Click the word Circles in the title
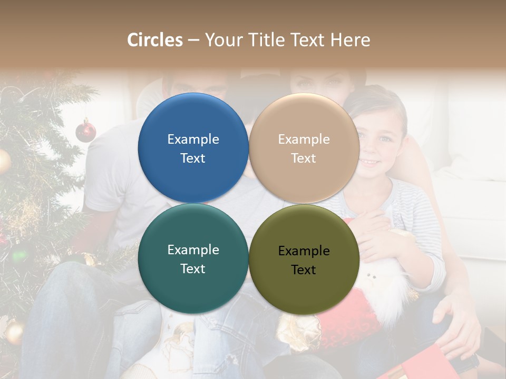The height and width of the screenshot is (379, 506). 155,40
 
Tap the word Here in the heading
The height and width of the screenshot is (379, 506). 350,40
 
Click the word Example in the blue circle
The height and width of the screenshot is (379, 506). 193,139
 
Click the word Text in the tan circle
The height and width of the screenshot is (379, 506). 304,158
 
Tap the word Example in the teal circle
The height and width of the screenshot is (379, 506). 193,250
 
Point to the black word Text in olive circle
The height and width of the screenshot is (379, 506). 304,270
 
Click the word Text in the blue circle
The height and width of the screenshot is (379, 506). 193,158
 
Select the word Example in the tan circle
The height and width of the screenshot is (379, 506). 304,139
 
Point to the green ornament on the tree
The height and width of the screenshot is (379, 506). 20,256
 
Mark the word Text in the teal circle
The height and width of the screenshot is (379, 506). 193,269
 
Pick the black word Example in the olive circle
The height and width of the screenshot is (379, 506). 304,251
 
